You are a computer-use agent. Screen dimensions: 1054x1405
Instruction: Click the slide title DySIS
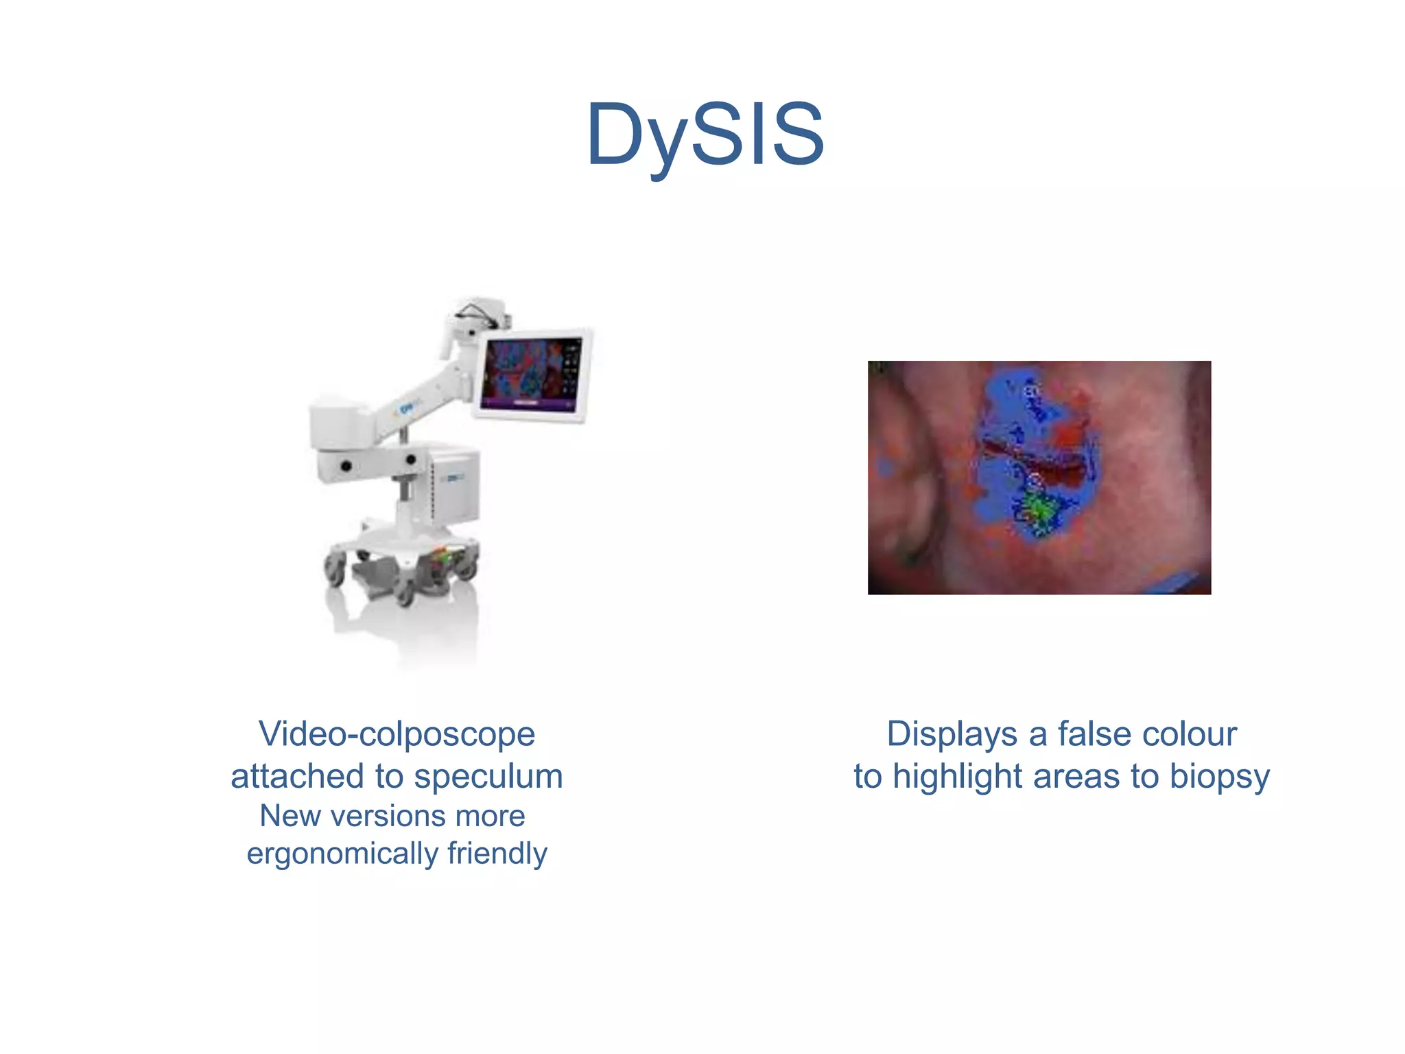point(705,134)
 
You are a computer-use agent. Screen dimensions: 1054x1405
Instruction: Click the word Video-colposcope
point(397,734)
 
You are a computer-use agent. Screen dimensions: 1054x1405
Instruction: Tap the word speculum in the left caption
point(488,777)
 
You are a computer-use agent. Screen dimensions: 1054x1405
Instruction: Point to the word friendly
point(497,854)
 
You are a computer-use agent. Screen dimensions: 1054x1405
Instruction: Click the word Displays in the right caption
point(952,734)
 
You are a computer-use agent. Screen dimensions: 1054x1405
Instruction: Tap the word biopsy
point(1219,777)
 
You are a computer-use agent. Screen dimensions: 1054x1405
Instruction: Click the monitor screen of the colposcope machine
point(532,374)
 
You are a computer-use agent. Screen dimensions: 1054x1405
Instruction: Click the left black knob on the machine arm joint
point(346,466)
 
